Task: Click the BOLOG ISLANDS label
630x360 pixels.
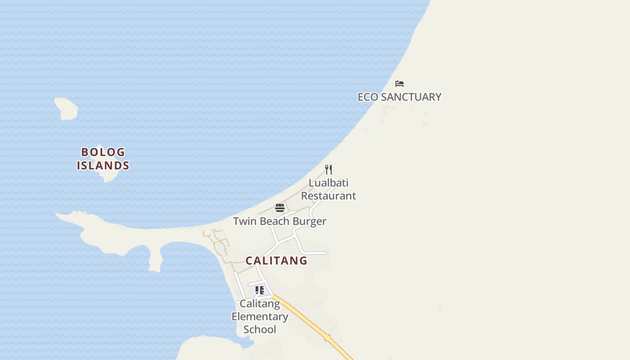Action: (103, 159)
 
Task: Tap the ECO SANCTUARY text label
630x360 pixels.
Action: (399, 97)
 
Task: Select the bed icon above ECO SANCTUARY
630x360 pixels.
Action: (399, 84)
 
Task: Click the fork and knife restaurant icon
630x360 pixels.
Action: (329, 170)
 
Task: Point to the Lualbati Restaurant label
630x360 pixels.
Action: (328, 189)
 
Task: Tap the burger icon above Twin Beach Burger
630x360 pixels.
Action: (280, 208)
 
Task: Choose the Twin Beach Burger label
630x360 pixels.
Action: (279, 221)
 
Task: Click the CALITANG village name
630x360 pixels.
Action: (276, 261)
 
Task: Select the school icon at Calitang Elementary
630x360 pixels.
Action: (259, 290)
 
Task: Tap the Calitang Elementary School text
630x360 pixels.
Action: (260, 316)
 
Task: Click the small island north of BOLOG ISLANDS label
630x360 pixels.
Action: (67, 108)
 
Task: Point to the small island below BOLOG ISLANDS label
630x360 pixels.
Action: (110, 175)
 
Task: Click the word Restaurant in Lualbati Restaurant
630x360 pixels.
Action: (328, 196)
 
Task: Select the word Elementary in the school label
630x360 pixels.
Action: (260, 316)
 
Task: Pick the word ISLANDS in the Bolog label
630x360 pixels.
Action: (103, 166)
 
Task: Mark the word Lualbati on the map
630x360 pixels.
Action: (328, 183)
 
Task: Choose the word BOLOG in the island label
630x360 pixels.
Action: (103, 152)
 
